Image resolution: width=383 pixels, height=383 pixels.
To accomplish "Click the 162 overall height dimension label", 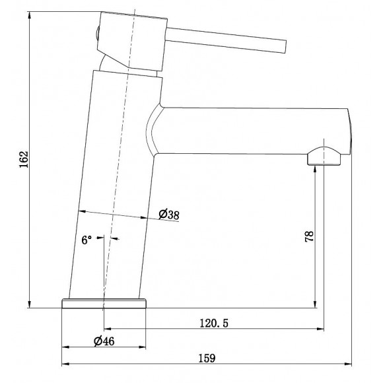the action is click(x=24, y=160).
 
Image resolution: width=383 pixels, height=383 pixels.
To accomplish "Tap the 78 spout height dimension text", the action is click(x=309, y=236).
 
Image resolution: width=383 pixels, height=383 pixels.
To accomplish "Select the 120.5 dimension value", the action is click(x=214, y=323).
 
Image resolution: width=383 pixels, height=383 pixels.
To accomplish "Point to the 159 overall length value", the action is click(x=207, y=359).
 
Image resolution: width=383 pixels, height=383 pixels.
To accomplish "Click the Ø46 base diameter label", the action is click(x=104, y=341).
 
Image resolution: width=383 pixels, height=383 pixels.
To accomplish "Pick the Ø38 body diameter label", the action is click(x=169, y=215).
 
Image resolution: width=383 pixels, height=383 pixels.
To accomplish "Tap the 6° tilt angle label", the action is click(x=87, y=240).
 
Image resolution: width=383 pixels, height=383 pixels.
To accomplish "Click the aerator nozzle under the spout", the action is click(x=324, y=157).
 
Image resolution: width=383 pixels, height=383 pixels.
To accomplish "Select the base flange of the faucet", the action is click(x=104, y=303).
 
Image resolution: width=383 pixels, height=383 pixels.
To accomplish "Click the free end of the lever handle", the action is click(x=285, y=46).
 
